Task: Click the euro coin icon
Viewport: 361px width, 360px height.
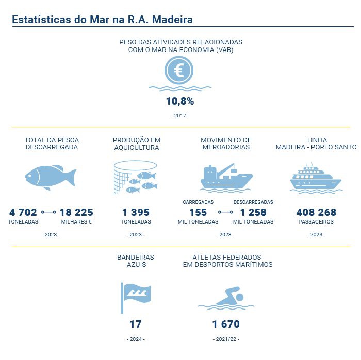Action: click(x=179, y=70)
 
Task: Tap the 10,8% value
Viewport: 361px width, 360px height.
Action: click(x=179, y=101)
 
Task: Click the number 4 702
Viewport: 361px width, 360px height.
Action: click(x=23, y=212)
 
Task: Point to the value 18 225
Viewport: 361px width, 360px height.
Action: click(x=77, y=212)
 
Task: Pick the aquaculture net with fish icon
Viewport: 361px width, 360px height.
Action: click(x=135, y=178)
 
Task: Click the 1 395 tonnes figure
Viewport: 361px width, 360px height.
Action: click(x=136, y=212)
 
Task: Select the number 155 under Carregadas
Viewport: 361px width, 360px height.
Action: click(x=198, y=212)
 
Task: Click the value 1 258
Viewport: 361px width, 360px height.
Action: click(x=253, y=212)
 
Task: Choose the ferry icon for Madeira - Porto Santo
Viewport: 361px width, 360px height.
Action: click(x=316, y=178)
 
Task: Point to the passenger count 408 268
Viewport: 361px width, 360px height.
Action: click(x=316, y=212)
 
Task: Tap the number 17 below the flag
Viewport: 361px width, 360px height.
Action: click(x=136, y=324)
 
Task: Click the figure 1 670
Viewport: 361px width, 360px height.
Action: click(x=226, y=324)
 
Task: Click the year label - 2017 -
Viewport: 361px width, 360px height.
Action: click(x=179, y=116)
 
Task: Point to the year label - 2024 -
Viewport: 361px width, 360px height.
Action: click(x=136, y=339)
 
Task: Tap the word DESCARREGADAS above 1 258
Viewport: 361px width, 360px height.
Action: click(x=253, y=202)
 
